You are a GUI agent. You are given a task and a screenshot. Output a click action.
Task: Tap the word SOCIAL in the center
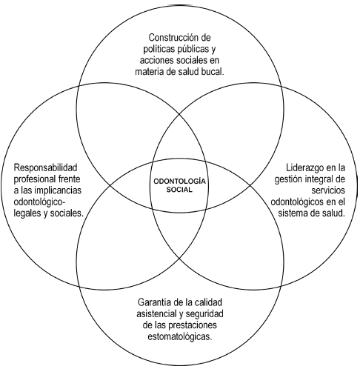coord(179,190)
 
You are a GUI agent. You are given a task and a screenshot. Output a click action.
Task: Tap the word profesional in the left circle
coord(34,179)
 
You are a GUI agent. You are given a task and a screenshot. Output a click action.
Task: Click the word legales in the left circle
coord(27,212)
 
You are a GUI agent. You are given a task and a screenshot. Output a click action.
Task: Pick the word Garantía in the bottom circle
coord(156,302)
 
